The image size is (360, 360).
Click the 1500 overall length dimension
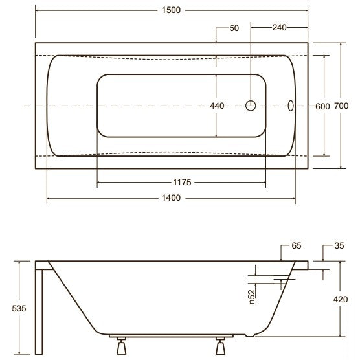pos(171,10)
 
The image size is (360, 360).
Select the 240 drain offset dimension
pos(279,28)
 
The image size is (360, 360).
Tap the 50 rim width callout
pos(234,28)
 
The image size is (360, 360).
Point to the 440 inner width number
pos(217,106)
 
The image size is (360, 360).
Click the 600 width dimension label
pos(322,106)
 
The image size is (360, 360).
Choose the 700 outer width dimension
pos(341,106)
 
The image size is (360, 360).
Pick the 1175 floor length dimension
pos(182,183)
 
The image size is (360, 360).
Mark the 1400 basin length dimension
pos(171,197)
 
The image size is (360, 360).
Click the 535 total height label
pos(19,308)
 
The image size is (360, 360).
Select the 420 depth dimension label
pos(341,299)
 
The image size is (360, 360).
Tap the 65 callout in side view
pos(296,245)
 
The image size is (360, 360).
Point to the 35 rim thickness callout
pos(339,245)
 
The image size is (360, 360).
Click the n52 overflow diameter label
pos(252,297)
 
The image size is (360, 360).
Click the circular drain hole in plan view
pos(251,106)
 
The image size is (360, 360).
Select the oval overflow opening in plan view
pos(291,106)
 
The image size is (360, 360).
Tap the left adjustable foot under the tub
pos(121,346)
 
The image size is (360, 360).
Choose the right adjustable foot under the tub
pos(220,346)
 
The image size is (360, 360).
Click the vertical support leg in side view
pos(39,311)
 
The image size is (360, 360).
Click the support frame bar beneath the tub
pos(171,336)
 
